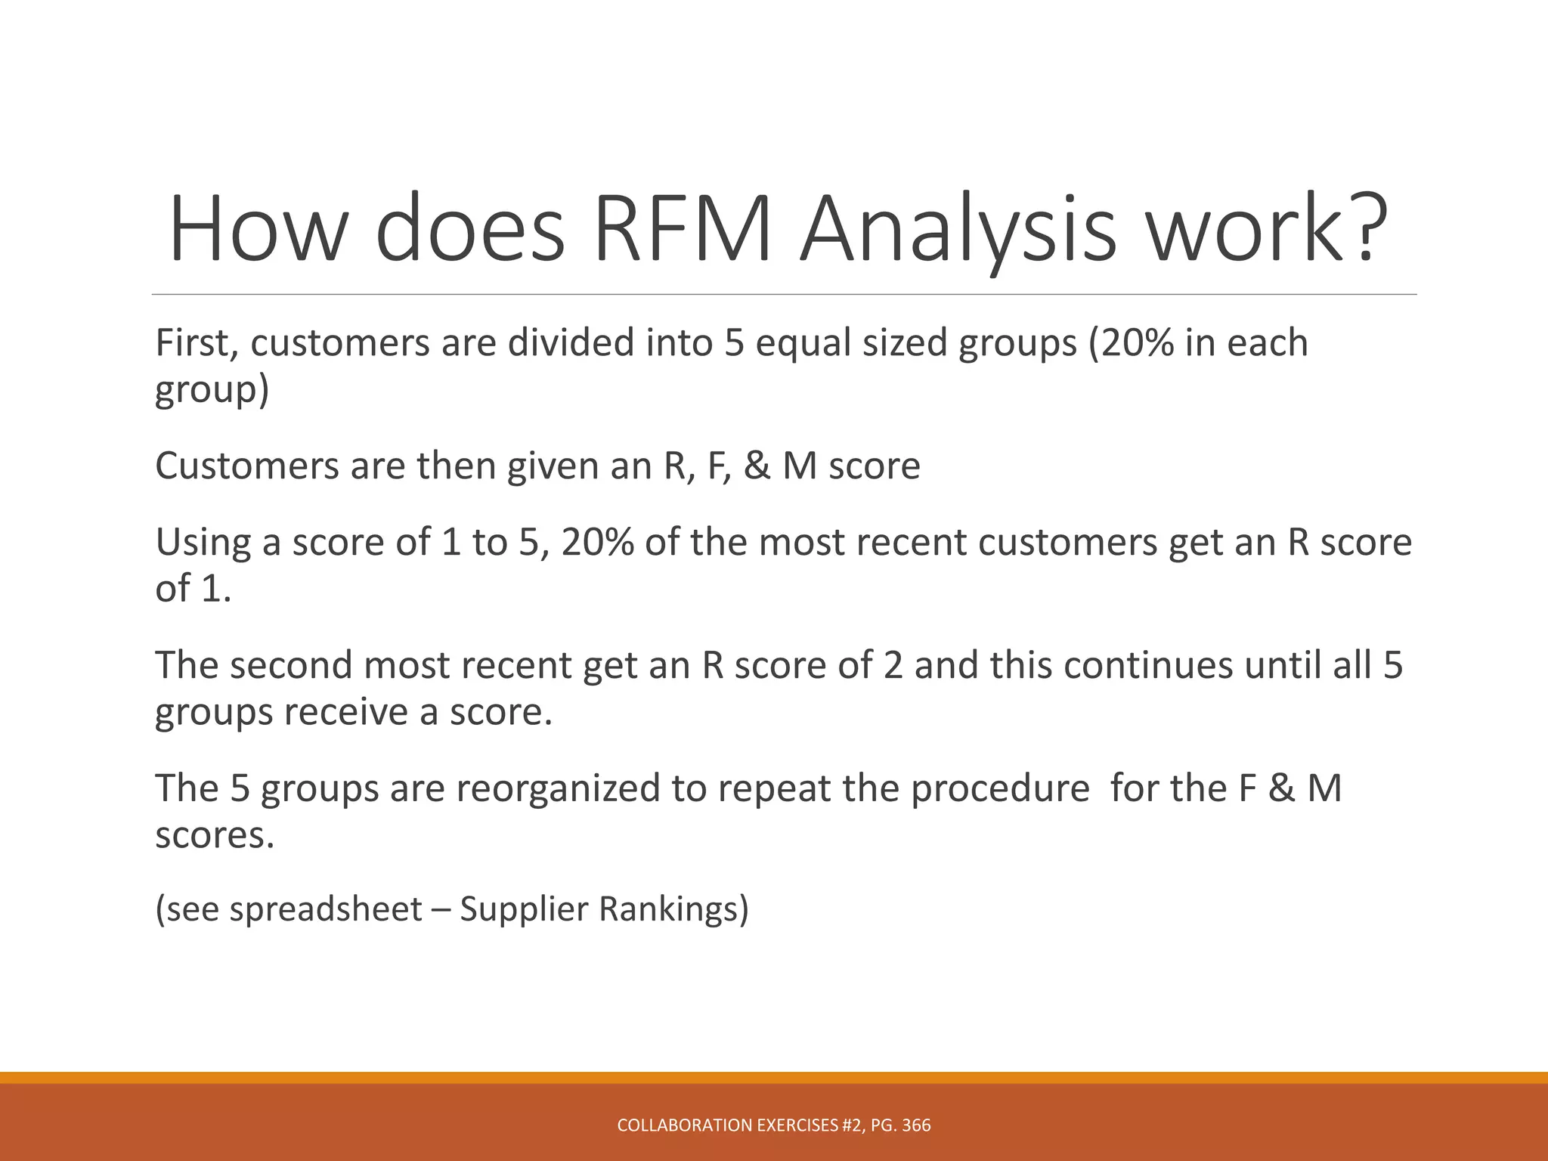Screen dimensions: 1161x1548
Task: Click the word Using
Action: pyautogui.click(x=202, y=542)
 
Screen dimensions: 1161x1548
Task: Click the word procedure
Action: pyautogui.click(x=1000, y=788)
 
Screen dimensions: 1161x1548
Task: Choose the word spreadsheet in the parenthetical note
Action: pyautogui.click(x=326, y=909)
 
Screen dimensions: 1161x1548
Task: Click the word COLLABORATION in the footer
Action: pyautogui.click(x=685, y=1125)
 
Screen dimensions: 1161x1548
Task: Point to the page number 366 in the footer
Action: pyautogui.click(x=917, y=1125)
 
